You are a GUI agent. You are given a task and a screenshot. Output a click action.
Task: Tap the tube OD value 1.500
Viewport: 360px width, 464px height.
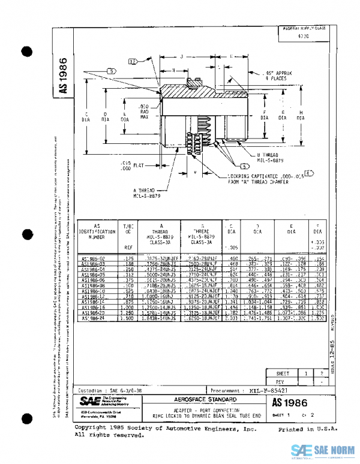tap(127, 318)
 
